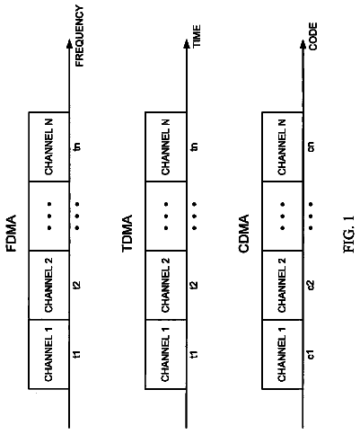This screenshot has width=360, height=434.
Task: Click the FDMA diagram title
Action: (11, 234)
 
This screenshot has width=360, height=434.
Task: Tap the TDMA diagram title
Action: (127, 234)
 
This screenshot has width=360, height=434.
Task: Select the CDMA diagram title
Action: (244, 234)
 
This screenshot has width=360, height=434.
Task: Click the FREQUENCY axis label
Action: (80, 36)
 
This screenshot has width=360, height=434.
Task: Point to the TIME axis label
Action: (197, 36)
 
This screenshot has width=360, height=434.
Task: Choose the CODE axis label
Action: (313, 36)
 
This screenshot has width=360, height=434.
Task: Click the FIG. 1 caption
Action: (348, 234)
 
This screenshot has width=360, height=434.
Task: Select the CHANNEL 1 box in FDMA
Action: (49, 354)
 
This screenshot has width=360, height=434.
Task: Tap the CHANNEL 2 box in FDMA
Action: (49, 285)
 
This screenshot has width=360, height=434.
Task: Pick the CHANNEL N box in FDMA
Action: (49, 146)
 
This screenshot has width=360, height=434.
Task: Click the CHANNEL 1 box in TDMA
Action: (166, 354)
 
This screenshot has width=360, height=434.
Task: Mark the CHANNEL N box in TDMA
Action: (166, 146)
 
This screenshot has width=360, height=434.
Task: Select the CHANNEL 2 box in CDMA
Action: (282, 285)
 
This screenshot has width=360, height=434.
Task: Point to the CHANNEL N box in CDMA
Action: (282, 146)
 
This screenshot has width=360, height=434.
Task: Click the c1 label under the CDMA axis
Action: (312, 354)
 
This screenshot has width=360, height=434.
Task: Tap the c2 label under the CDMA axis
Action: (312, 285)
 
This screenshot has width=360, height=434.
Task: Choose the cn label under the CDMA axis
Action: (312, 146)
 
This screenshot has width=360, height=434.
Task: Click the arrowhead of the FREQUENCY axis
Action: (69, 44)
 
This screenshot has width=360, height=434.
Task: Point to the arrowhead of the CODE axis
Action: (303, 44)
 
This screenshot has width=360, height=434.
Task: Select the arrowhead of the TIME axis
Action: (187, 44)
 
